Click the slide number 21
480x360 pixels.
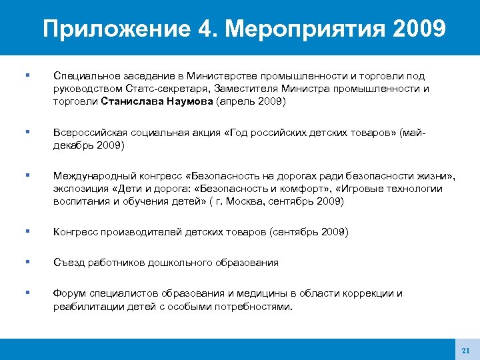pos(466,350)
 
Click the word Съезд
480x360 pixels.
pos(66,263)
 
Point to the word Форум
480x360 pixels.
pos(68,293)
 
